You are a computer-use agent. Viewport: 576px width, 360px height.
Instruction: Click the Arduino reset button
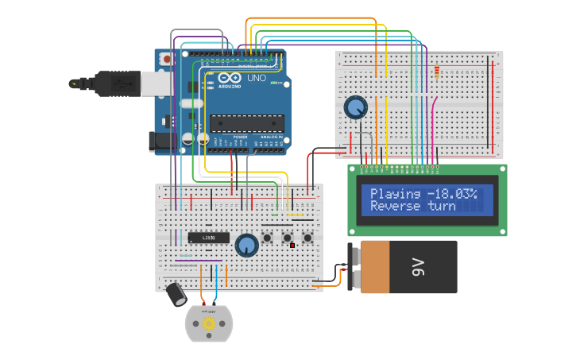166,59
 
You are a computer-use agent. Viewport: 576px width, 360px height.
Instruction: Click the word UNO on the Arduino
257,79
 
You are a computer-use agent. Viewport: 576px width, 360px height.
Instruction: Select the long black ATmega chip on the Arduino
246,123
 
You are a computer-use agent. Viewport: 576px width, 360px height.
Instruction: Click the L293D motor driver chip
208,238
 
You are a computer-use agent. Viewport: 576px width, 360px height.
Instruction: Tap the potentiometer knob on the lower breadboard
247,246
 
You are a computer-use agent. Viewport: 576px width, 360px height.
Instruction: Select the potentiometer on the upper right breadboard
355,107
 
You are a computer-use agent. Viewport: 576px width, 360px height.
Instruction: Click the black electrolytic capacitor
176,295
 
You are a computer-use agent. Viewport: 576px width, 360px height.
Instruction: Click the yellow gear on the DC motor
209,323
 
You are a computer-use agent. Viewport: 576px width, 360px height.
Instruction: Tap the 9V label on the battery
419,268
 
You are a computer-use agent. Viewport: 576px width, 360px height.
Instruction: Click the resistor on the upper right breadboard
436,73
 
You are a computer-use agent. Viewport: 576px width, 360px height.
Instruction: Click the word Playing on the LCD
395,194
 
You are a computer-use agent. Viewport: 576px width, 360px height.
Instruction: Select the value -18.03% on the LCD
451,194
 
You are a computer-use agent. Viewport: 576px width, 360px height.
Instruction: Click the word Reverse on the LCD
395,207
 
